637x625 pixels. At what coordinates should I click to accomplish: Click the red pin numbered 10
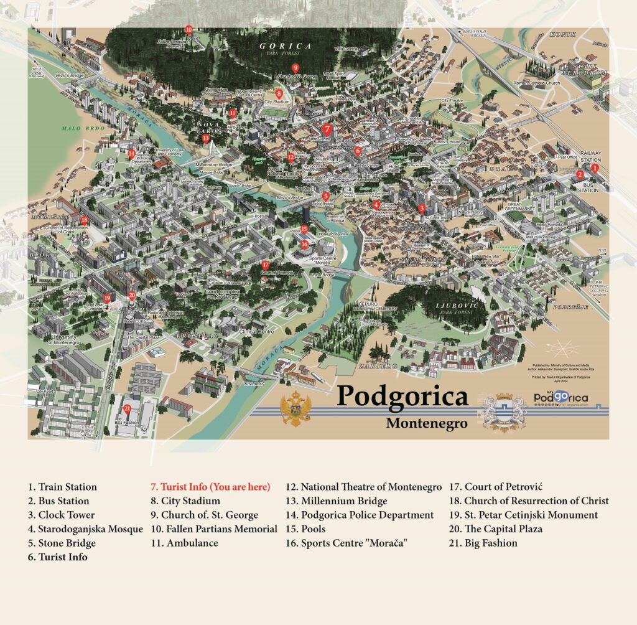click(x=188, y=29)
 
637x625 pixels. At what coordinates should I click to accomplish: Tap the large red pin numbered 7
click(x=327, y=129)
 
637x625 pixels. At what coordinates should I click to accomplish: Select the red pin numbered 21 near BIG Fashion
click(x=127, y=409)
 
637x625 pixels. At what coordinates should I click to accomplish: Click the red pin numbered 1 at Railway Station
click(x=594, y=167)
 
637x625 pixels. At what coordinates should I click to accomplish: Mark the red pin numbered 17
click(x=266, y=265)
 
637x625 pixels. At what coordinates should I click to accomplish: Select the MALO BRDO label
click(x=77, y=128)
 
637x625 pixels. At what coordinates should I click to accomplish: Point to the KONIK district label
click(x=563, y=34)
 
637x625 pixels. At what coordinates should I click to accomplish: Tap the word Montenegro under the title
click(x=426, y=423)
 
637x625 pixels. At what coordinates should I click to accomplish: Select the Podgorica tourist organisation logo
click(x=560, y=398)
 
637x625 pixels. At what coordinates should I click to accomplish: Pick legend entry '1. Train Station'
click(x=62, y=487)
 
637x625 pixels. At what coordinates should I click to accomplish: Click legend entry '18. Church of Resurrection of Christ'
click(x=529, y=501)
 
